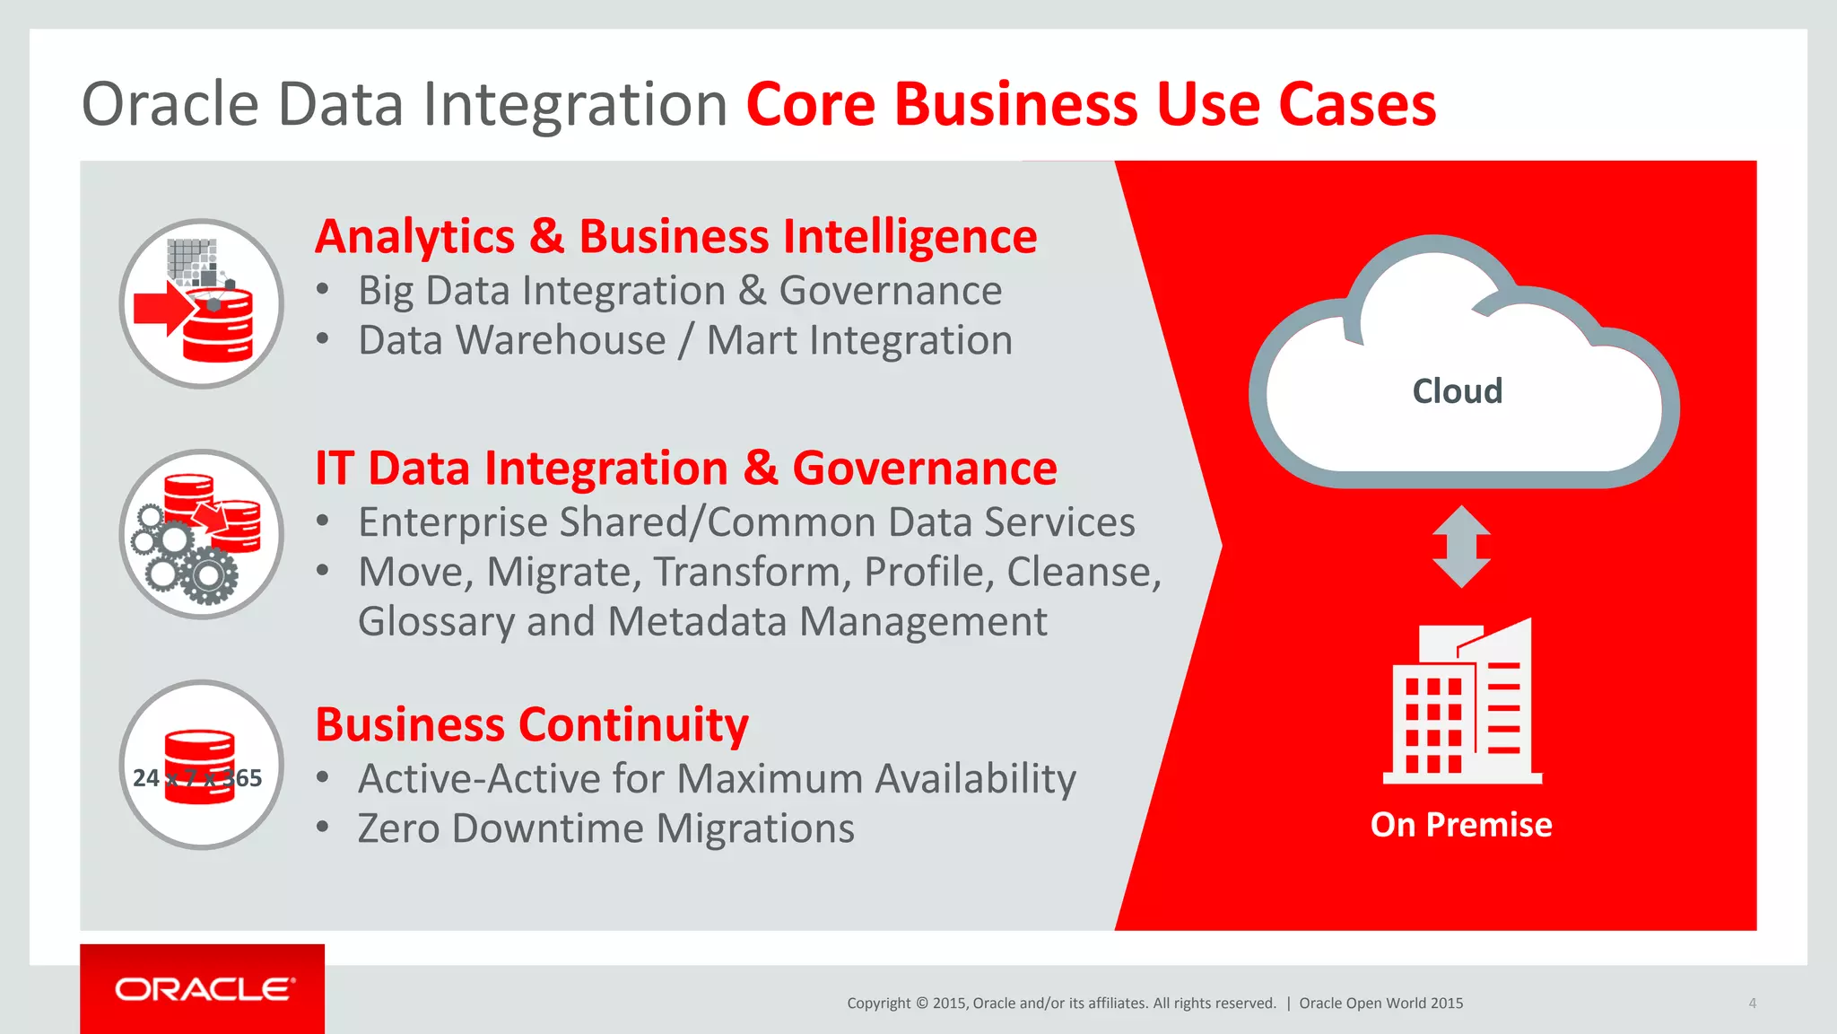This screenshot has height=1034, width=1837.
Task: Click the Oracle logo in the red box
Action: coord(204,989)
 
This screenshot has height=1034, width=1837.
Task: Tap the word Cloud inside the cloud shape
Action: coord(1457,391)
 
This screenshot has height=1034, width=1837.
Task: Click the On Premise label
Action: coord(1460,824)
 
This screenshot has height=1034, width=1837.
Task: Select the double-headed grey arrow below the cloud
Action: coord(1461,546)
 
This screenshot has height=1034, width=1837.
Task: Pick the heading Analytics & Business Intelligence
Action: coord(675,237)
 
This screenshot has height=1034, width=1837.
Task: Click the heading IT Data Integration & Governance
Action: coord(685,469)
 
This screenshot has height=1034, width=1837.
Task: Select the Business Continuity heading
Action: coord(531,724)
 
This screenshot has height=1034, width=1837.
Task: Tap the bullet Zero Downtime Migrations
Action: coord(605,828)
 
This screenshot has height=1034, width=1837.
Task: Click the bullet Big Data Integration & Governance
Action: coord(679,291)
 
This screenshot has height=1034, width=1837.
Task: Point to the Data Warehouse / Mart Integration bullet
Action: coord(684,341)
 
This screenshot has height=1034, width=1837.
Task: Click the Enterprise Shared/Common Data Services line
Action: coord(745,522)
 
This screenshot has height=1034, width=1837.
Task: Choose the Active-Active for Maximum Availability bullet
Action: coord(716,778)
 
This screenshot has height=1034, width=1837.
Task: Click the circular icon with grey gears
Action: coord(202,535)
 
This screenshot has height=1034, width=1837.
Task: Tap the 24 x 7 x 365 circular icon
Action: coord(202,766)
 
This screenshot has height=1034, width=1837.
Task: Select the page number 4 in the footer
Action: coord(1752,1003)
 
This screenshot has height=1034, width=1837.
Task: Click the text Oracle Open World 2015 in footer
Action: coord(1380,1003)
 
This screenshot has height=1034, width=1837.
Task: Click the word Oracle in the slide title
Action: coord(170,105)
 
